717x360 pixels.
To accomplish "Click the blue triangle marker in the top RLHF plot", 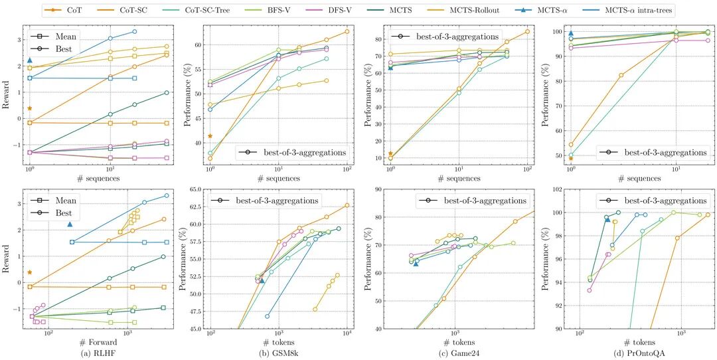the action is tap(30, 60).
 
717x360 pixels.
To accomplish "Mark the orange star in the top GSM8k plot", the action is tap(210, 136).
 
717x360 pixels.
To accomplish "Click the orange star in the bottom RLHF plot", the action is tap(30, 272).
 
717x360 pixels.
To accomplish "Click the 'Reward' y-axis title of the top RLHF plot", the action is tap(7, 96).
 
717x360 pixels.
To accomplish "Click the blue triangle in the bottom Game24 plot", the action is tap(416, 264).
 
